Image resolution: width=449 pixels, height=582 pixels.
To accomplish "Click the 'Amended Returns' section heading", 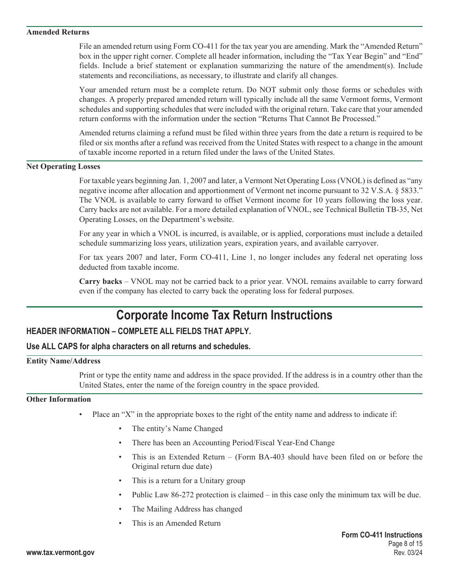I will pos(58,32).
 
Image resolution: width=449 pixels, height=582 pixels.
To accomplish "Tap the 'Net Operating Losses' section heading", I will pos(63,167).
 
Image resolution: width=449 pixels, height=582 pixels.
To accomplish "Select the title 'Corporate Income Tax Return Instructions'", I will pos(224,315).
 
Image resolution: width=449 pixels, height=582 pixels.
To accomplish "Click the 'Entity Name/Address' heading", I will pos(63,361).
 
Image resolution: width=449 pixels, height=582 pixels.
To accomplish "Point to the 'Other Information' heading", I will pos(59,399).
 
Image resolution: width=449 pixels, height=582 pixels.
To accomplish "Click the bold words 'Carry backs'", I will pos(100,282).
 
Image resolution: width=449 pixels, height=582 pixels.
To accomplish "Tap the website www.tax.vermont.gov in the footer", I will pos(60,553).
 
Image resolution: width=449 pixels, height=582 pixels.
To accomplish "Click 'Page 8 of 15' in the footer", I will pos(405,544).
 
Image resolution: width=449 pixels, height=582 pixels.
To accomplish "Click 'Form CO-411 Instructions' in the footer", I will pos(382,535).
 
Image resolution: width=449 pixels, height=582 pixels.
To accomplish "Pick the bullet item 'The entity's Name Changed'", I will pos(177,429).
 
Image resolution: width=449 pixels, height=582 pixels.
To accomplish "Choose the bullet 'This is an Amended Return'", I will pos(176,523).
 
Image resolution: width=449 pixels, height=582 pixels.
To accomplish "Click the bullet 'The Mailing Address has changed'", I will pos(187,509).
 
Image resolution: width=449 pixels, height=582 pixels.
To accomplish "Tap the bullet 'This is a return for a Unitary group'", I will pos(188,481).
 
